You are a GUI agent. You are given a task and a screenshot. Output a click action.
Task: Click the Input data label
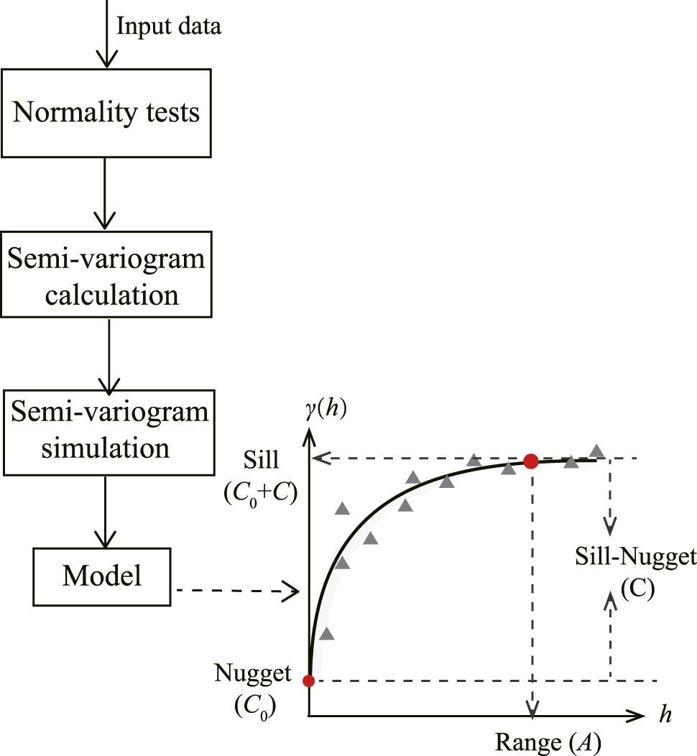coord(169,27)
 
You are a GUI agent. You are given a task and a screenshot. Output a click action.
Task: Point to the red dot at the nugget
coord(308,681)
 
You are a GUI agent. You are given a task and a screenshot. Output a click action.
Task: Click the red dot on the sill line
coord(530,461)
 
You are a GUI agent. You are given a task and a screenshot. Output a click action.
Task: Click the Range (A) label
coord(548,740)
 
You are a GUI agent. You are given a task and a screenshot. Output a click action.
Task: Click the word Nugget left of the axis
coord(253,673)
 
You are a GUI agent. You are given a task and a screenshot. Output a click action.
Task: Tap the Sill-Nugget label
coord(635,556)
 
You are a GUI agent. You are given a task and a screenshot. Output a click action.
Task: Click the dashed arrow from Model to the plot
coord(237,591)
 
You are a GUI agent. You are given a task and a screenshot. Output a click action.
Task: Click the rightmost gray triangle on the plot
coord(596,451)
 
